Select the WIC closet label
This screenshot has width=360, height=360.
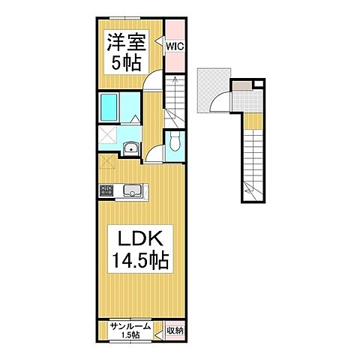(175, 46)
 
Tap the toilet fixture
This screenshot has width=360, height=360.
(174, 142)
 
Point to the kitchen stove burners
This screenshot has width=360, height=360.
(106, 190)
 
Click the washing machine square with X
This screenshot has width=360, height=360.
(106, 136)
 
